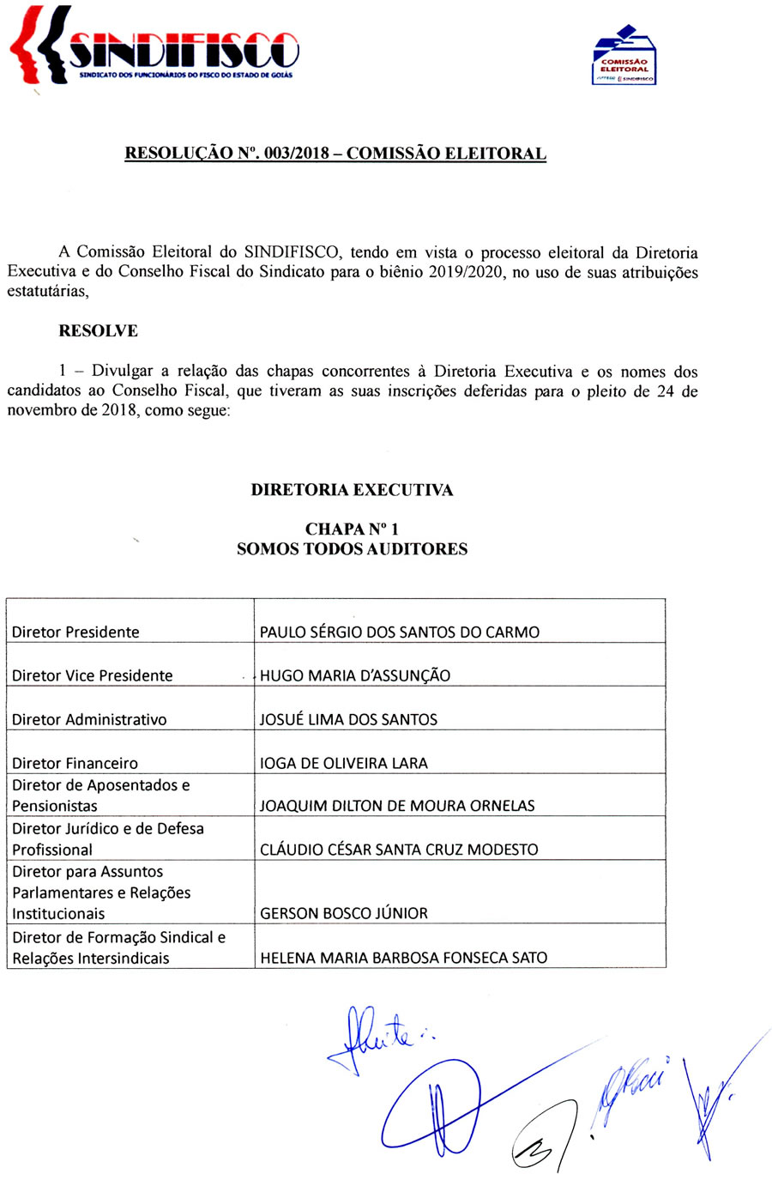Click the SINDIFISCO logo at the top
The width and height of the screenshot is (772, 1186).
pyautogui.click(x=154, y=47)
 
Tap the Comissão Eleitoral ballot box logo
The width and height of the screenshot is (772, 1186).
pyautogui.click(x=624, y=56)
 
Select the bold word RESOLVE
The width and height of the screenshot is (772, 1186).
pyautogui.click(x=98, y=331)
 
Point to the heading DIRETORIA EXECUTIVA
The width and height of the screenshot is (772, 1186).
pyautogui.click(x=352, y=490)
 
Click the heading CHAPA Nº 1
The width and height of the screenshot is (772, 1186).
pyautogui.click(x=352, y=529)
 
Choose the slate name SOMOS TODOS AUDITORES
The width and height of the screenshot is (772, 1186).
pyautogui.click(x=352, y=549)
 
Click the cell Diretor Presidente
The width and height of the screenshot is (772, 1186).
pyautogui.click(x=75, y=632)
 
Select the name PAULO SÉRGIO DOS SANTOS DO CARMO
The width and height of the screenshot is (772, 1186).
pyautogui.click(x=400, y=632)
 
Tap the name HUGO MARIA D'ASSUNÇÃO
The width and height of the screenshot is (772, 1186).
pyautogui.click(x=355, y=676)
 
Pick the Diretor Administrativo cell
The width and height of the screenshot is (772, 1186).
pyautogui.click(x=89, y=720)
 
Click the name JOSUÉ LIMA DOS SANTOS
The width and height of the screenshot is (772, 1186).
pyautogui.click(x=348, y=720)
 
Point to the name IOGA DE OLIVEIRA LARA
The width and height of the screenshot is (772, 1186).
pyautogui.click(x=343, y=764)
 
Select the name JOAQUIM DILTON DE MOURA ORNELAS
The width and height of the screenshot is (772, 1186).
pyautogui.click(x=397, y=807)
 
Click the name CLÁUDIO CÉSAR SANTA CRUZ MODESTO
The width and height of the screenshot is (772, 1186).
pyautogui.click(x=399, y=850)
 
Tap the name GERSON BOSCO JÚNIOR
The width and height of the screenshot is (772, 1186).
pyautogui.click(x=343, y=914)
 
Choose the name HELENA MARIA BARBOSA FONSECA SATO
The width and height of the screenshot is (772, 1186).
pyautogui.click(x=403, y=958)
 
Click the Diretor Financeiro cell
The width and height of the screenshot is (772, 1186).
pyautogui.click(x=75, y=764)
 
